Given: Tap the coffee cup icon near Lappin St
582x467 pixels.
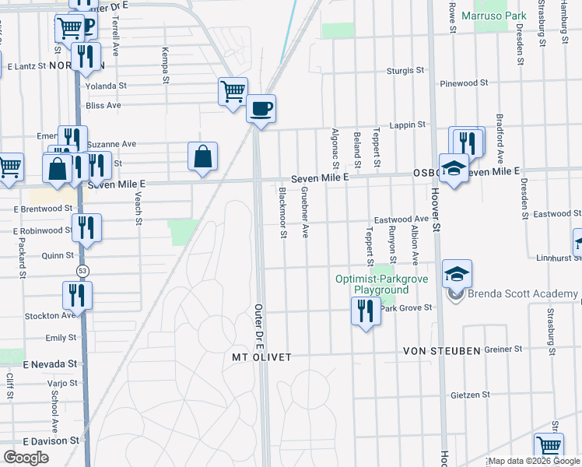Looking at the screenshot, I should coord(261,107).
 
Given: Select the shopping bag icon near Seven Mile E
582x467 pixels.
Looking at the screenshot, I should coord(202,156).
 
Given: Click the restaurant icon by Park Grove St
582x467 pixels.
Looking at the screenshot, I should coord(366,311).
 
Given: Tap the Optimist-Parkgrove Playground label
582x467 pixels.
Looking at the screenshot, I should coord(372,284).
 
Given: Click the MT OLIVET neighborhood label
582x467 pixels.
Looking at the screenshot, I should coord(261,357).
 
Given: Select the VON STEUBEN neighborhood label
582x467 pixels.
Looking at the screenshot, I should coord(441,351).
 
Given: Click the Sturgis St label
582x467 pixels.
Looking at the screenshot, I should coord(406,71).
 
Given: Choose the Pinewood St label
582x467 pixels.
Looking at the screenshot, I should coord(463,82).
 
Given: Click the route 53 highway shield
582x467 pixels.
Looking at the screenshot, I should coord(82,269).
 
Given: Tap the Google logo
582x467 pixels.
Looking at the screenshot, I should coord(26,458).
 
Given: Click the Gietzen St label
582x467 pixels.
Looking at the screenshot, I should coord(470,395).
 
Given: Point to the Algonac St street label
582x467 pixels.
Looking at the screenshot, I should coord(335,148).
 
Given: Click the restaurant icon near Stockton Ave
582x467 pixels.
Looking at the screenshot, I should coord(77,295).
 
